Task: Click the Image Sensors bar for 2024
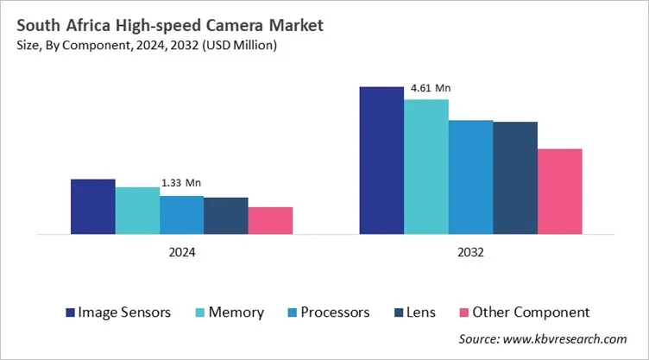click(92, 206)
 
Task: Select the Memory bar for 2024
click(137, 210)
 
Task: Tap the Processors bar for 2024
click(181, 214)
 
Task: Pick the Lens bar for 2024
click(226, 215)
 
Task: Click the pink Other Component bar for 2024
click(270, 220)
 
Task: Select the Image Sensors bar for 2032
click(381, 160)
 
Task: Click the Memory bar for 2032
click(426, 166)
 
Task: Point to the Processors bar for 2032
click(470, 176)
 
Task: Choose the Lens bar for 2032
click(515, 177)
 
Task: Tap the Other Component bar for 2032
click(559, 191)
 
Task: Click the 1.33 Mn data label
click(181, 183)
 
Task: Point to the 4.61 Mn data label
click(430, 88)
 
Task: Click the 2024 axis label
click(181, 253)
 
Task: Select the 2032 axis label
click(470, 253)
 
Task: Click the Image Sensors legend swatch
click(68, 312)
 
